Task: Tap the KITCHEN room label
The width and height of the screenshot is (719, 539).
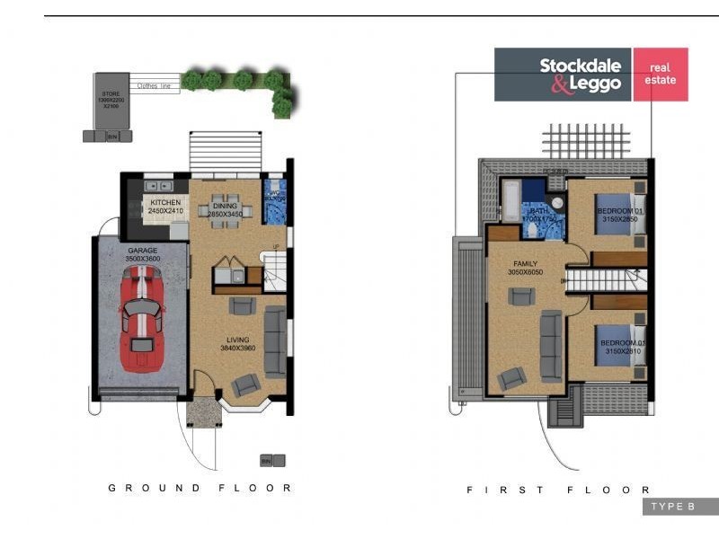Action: click(165, 203)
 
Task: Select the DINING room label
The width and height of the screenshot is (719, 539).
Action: click(226, 207)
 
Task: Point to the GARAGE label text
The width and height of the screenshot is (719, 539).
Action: click(142, 251)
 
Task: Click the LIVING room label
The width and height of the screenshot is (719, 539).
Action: click(237, 340)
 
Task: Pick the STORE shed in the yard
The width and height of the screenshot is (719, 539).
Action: click(111, 101)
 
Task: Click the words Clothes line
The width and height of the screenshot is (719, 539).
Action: click(154, 86)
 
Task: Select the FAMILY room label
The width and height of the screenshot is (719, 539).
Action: click(526, 264)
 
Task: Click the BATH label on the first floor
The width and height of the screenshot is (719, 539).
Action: click(540, 211)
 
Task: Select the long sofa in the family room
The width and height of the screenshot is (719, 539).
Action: click(550, 334)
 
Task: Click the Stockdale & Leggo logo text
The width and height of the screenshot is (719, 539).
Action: click(580, 75)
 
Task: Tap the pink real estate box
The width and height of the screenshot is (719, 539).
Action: click(661, 74)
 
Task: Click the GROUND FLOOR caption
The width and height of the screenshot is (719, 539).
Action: click(200, 488)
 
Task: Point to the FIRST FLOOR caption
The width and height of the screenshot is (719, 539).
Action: click(558, 490)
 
